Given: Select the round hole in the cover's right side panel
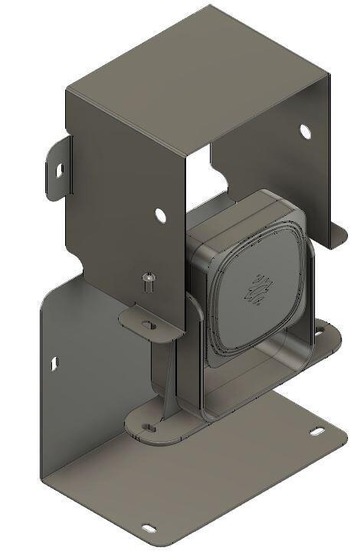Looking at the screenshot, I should [305, 131].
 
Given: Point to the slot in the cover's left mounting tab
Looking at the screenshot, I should [56, 169].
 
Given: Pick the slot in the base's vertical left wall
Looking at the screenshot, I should [54, 363].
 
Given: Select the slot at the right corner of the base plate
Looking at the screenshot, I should [316, 433].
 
